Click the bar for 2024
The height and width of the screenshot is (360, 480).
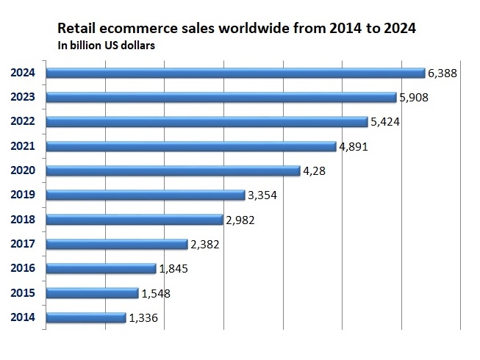235,73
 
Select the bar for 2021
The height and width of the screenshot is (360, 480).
192,146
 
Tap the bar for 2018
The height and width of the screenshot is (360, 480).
134,220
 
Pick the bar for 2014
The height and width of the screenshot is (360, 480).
85,317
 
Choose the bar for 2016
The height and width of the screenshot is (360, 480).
101,268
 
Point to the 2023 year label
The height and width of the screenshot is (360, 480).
26,97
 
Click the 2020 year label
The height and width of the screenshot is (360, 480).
26,170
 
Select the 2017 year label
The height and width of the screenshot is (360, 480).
26,244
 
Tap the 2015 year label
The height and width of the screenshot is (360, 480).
26,293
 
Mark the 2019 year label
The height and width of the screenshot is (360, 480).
26,195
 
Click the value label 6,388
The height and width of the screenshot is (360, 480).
443,73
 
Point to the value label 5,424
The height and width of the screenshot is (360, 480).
384,122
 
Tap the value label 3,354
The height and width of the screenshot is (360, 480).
263,195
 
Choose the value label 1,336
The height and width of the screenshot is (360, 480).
144,318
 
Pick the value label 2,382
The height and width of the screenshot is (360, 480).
207,245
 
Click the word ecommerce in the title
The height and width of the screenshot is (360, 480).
131,30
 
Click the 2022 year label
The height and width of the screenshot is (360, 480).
26,121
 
